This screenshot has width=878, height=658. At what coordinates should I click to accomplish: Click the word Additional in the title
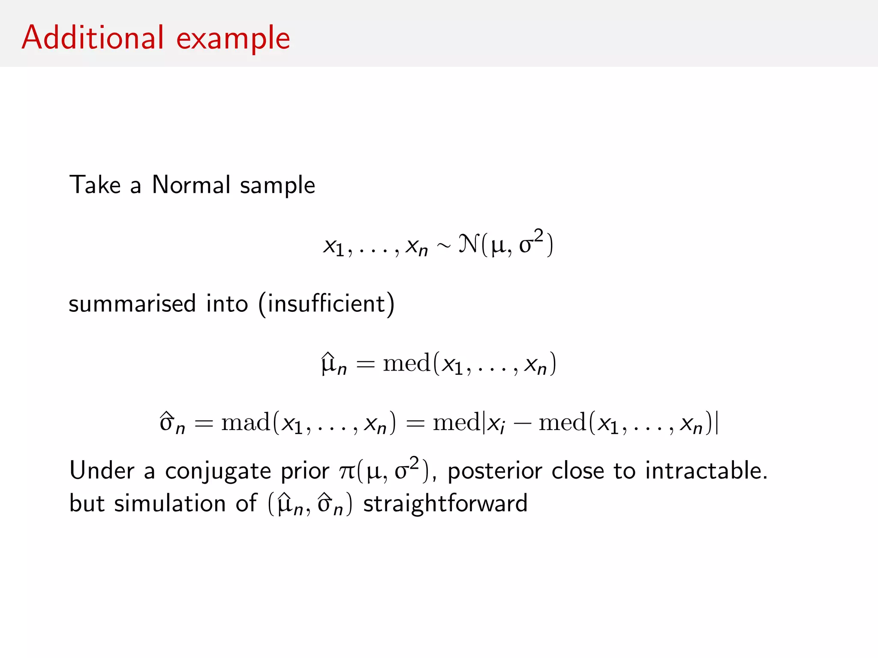click(93, 38)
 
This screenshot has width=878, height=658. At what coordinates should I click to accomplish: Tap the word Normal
click(191, 185)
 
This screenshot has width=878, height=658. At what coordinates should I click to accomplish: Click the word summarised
click(132, 304)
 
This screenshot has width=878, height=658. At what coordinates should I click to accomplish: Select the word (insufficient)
click(326, 304)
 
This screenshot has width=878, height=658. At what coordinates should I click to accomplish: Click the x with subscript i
click(496, 424)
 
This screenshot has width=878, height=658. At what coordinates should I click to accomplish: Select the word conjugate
click(218, 472)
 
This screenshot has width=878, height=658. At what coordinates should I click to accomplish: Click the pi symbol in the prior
click(346, 472)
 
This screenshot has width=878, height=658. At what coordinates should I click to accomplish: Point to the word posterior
click(495, 472)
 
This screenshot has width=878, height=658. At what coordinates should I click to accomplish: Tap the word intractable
click(706, 471)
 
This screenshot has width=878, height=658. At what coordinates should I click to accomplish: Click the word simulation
click(170, 503)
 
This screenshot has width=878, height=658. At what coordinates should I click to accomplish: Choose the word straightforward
click(445, 503)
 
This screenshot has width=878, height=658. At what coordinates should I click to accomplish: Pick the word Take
click(95, 185)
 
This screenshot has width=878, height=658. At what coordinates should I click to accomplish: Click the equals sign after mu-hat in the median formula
click(365, 364)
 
